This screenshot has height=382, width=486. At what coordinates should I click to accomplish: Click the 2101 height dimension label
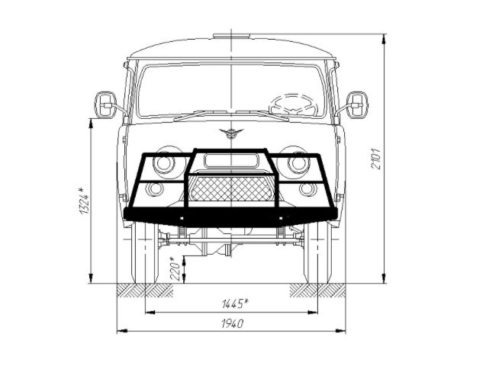(x=376, y=159)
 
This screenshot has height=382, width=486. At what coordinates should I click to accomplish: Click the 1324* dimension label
(x=84, y=201)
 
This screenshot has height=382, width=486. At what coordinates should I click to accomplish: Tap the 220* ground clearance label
(x=175, y=268)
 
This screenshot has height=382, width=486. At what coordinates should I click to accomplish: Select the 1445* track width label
(x=235, y=303)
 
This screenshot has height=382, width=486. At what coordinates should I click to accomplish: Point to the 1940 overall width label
(x=233, y=324)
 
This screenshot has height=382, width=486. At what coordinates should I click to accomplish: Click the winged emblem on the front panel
(x=231, y=133)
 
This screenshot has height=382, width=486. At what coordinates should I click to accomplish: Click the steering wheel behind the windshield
(x=293, y=104)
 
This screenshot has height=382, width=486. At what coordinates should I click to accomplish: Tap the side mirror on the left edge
(x=105, y=105)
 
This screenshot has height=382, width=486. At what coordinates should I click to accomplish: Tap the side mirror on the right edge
(x=357, y=105)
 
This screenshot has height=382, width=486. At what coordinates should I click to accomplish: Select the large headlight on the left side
(x=163, y=162)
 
